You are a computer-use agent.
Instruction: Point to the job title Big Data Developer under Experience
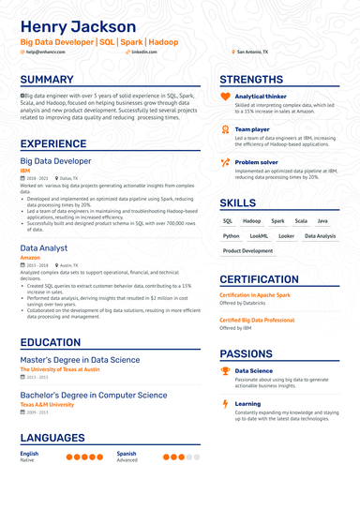pos(55,161)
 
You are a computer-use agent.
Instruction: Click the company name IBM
pos(24,170)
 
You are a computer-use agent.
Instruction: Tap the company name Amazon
pos(30,258)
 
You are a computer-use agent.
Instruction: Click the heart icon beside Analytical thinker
pos(225,97)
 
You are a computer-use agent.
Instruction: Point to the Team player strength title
pos(251,128)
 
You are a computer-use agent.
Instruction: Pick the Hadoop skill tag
pos(252,221)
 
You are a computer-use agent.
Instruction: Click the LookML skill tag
pos(259,236)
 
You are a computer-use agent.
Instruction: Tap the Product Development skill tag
pos(248,251)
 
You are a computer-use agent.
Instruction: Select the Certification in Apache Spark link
pos(255,295)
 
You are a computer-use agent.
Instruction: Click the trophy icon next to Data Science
pos(225,371)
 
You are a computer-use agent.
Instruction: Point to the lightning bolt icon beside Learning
pos(225,404)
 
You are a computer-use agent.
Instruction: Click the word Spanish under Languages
pos(127,454)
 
